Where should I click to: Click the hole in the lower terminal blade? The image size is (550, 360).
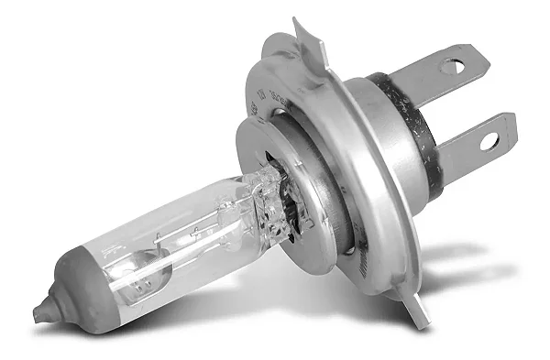488,140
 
